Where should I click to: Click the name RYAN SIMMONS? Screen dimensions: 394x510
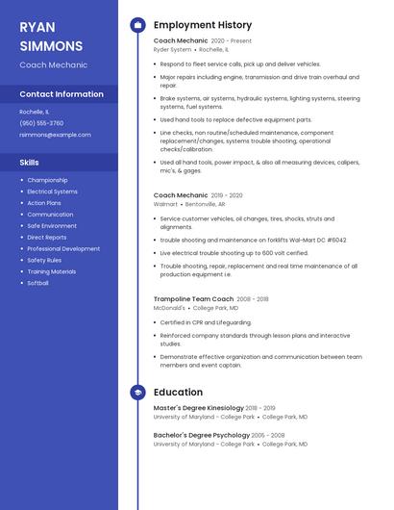pyautogui.click(x=51, y=36)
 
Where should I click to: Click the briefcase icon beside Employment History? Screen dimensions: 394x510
pyautogui.click(x=137, y=25)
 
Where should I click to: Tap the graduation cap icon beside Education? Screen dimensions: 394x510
pyautogui.click(x=137, y=392)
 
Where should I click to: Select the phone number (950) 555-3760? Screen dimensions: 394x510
pyautogui.click(x=41, y=123)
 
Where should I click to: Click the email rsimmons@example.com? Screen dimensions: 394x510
pyautogui.click(x=48, y=135)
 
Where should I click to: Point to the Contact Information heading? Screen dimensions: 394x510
pyautogui.click(x=62, y=94)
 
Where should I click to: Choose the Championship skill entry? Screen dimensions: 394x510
pyautogui.click(x=47, y=180)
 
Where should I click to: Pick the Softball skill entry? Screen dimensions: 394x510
pyautogui.click(x=37, y=283)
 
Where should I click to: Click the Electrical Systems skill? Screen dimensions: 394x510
pyautogui.click(x=52, y=191)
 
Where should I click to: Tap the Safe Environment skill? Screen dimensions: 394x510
pyautogui.click(x=52, y=226)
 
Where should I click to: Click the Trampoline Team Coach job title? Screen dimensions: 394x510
pyautogui.click(x=193, y=298)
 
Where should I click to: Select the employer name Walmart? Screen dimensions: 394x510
pyautogui.click(x=165, y=204)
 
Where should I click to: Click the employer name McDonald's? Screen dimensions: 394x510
pyautogui.click(x=170, y=308)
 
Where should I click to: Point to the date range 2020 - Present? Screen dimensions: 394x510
pyautogui.click(x=231, y=41)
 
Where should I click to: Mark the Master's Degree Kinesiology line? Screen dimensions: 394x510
pyautogui.click(x=199, y=408)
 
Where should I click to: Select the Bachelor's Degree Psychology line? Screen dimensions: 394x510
pyautogui.click(x=201, y=435)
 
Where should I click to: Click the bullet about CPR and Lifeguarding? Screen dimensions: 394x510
pyautogui.click(x=206, y=322)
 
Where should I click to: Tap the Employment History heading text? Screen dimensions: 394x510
pyautogui.click(x=203, y=25)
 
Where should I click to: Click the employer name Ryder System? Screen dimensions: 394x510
pyautogui.click(x=173, y=50)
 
